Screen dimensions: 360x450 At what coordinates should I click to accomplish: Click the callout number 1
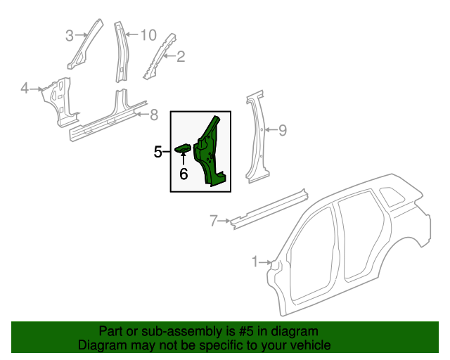click(x=255, y=262)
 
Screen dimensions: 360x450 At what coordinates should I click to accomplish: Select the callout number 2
click(x=180, y=57)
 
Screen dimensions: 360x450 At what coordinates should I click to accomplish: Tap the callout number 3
click(x=70, y=35)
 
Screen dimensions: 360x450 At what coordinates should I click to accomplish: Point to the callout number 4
click(x=25, y=89)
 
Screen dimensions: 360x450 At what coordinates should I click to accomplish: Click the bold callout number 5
click(x=159, y=151)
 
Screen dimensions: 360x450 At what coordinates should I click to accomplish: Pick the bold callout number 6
click(x=184, y=174)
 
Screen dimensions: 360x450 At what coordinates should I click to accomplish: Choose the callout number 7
click(x=214, y=222)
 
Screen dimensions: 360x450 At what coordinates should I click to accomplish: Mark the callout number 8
click(x=155, y=115)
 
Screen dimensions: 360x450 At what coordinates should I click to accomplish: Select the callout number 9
click(x=283, y=129)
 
